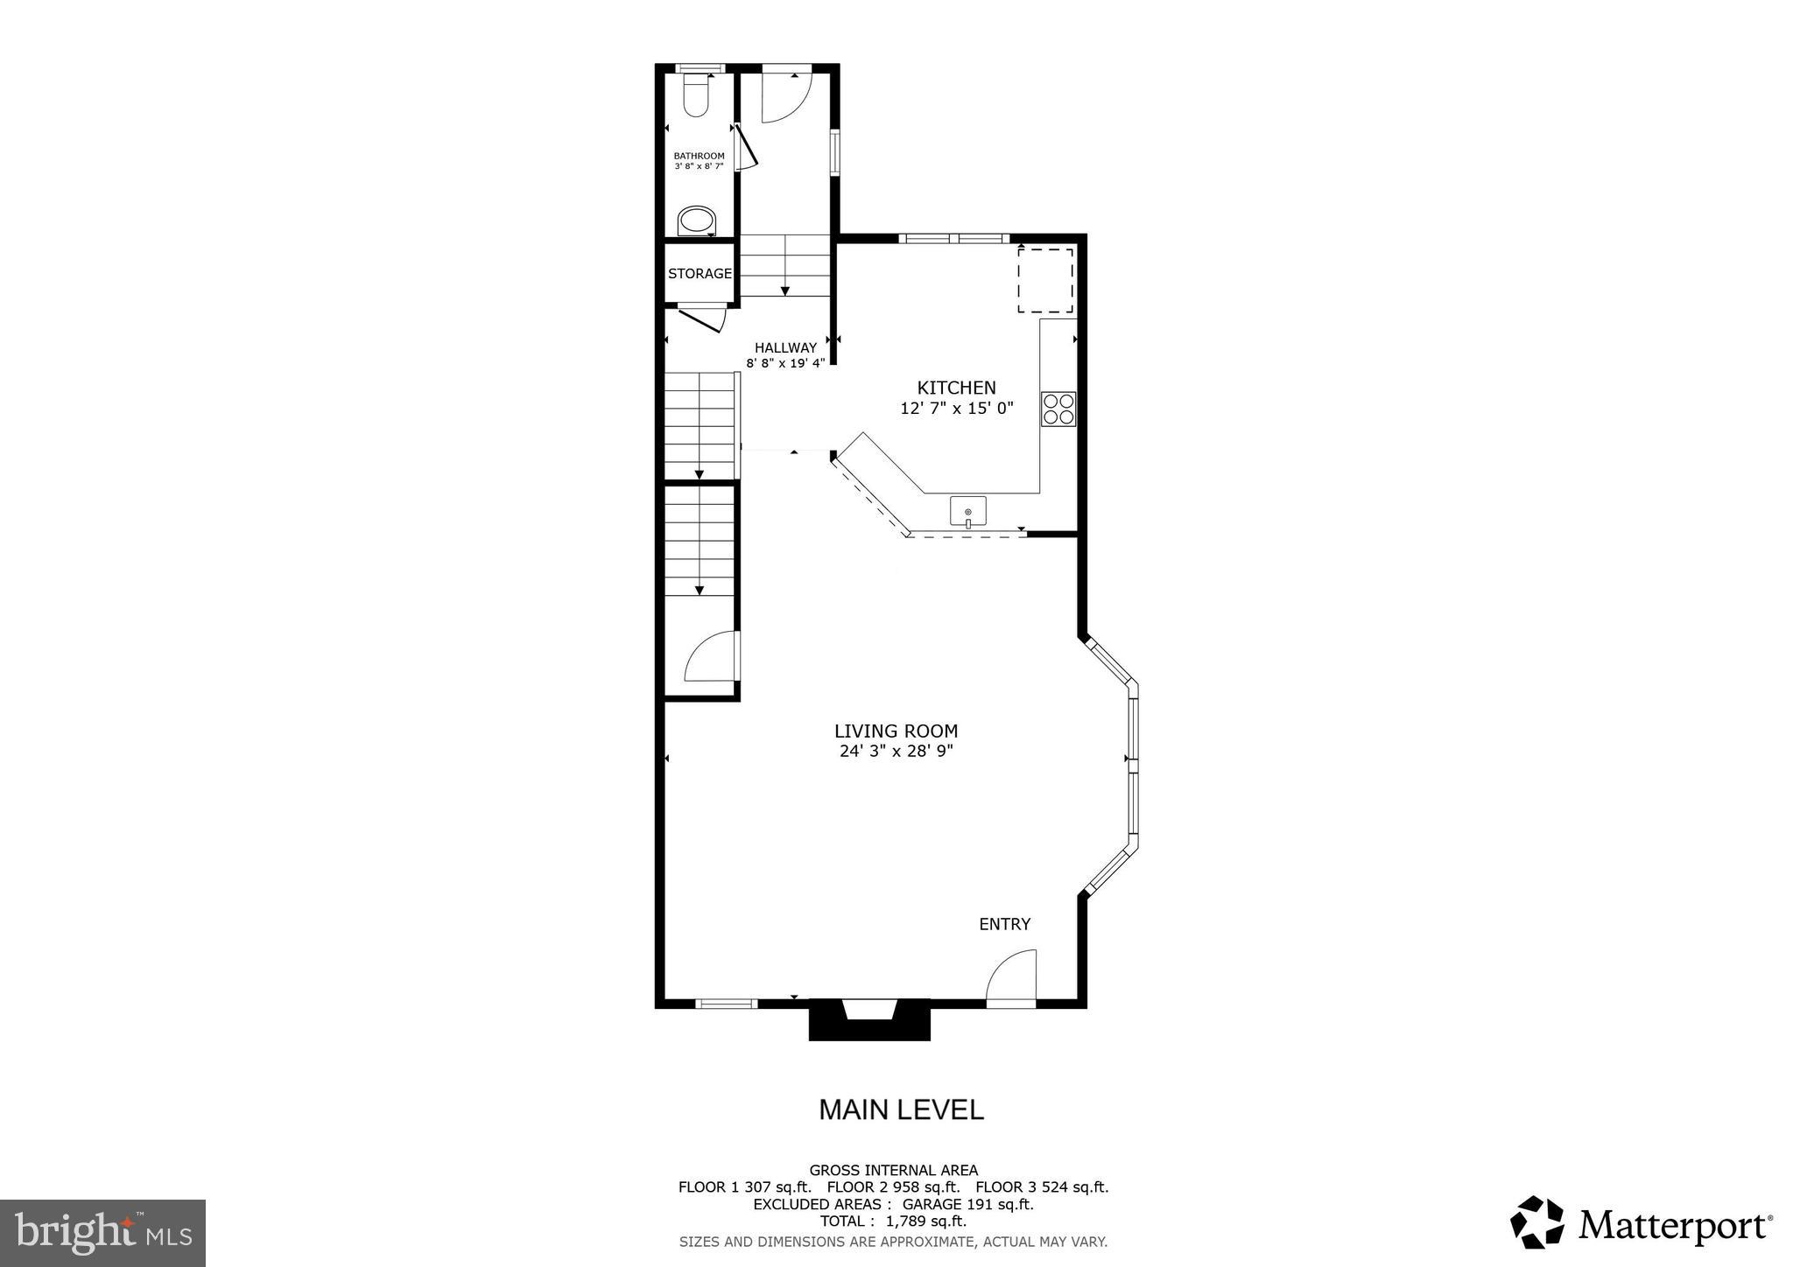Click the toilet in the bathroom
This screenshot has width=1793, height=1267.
[696, 95]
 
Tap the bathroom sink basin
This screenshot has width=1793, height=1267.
[698, 220]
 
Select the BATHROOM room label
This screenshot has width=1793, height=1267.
[699, 156]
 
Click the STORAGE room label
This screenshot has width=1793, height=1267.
[700, 274]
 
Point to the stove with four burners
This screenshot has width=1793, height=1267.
[1058, 409]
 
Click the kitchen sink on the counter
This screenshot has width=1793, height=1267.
[967, 511]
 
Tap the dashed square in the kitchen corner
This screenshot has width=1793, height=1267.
[1044, 280]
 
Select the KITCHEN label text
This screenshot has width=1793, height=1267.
[956, 388]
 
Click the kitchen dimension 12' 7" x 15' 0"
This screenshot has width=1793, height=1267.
[956, 408]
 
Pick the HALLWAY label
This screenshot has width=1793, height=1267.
[785, 347]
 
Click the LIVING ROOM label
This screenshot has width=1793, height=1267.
[896, 731]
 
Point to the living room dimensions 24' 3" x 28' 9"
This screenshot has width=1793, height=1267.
[896, 751]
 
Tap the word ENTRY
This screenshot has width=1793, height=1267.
[1004, 924]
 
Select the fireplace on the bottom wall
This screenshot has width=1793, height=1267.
[868, 1018]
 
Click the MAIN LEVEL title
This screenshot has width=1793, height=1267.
[901, 1109]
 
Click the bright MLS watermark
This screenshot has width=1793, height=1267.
[103, 1234]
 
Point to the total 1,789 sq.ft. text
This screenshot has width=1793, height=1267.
[893, 1221]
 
